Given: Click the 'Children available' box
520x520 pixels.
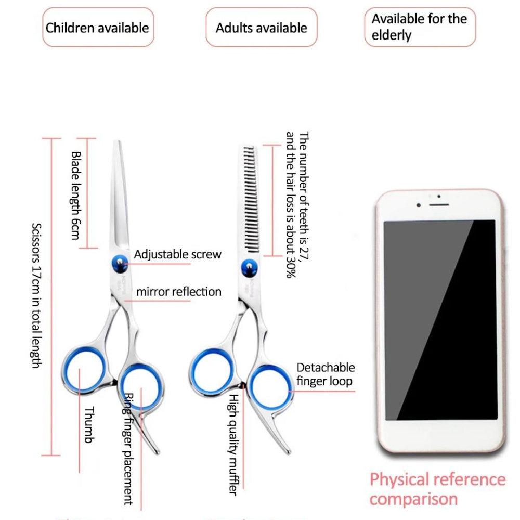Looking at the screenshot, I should (98, 28).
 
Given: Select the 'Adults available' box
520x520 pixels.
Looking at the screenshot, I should (261, 28).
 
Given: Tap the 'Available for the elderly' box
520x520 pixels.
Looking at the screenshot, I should (420, 28).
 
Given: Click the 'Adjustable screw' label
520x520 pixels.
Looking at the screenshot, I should (178, 254).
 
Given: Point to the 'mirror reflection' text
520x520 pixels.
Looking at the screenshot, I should (178, 292).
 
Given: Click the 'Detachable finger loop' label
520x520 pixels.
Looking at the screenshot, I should (326, 374).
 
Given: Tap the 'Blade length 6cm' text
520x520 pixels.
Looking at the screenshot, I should (76, 196).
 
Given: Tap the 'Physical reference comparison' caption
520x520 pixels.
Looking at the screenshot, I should (437, 489).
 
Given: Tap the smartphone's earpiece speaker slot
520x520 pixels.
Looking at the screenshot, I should (439, 204).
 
